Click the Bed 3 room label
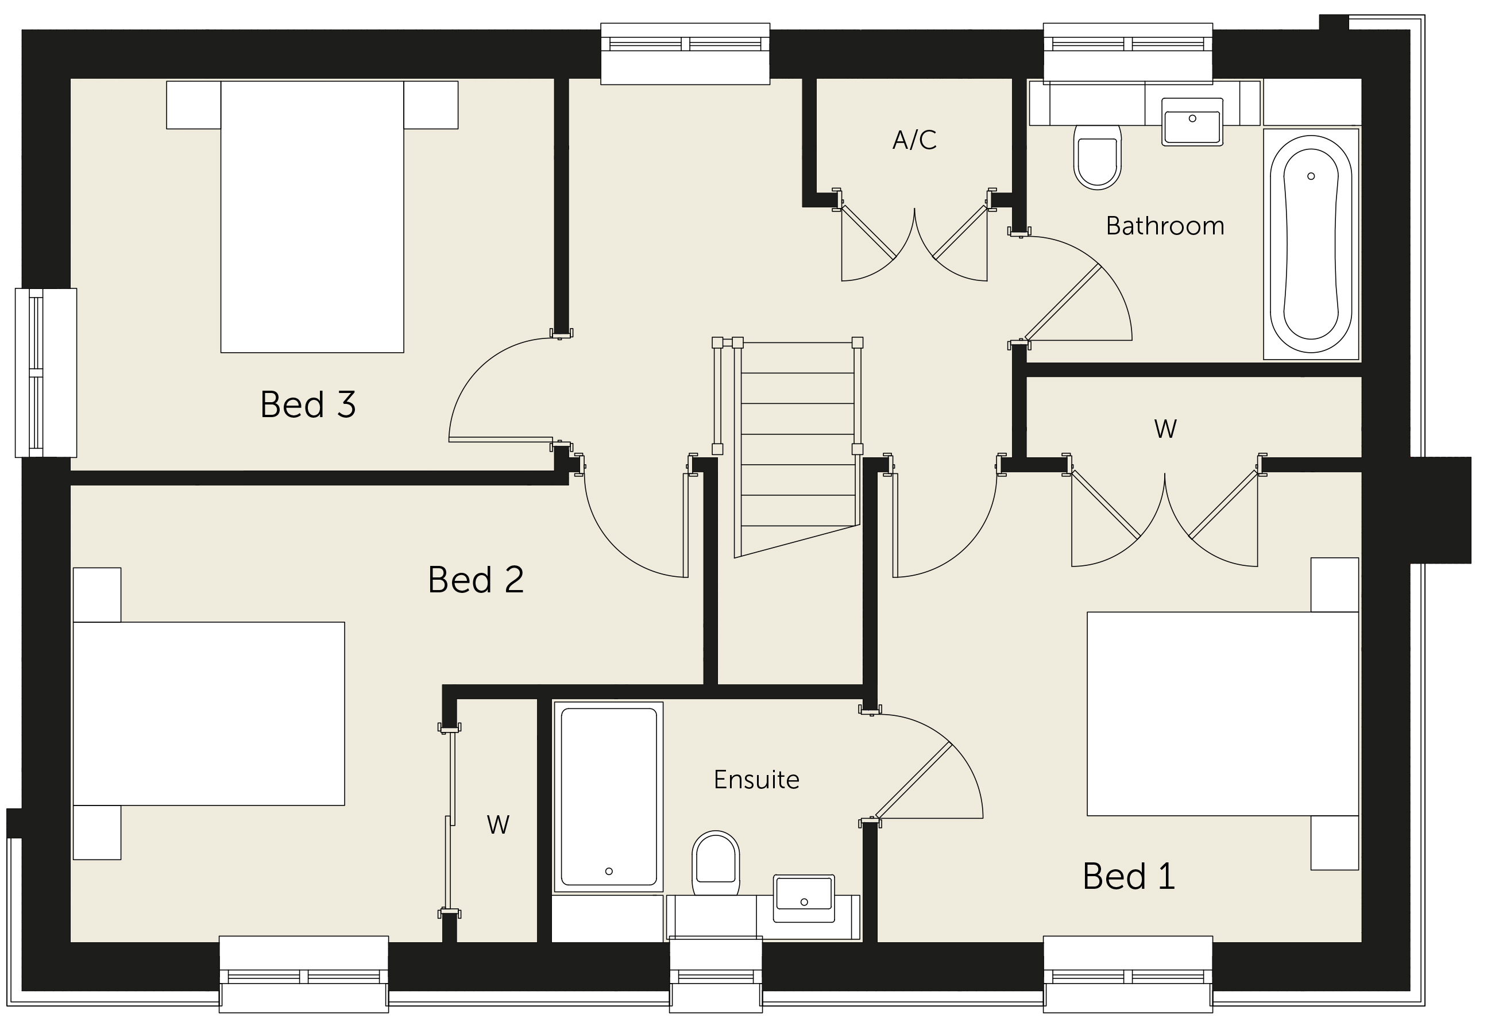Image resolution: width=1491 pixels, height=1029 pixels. pyautogui.click(x=308, y=404)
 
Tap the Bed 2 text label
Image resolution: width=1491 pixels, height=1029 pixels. pyautogui.click(x=476, y=579)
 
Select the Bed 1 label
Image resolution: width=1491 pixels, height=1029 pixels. pyautogui.click(x=1129, y=876)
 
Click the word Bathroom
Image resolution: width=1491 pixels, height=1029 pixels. pyautogui.click(x=1165, y=226)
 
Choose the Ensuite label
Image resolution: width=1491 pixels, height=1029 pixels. pyautogui.click(x=756, y=780)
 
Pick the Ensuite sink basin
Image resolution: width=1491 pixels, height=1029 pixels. pyautogui.click(x=804, y=899)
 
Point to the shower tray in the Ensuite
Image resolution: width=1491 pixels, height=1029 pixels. pyautogui.click(x=608, y=797)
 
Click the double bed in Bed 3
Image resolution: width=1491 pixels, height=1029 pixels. pyautogui.click(x=312, y=217)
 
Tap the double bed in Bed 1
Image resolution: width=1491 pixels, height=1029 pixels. pyautogui.click(x=1222, y=714)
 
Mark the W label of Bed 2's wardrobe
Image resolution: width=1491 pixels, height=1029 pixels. pyautogui.click(x=498, y=824)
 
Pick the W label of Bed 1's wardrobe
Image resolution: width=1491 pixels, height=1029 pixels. pyautogui.click(x=1165, y=429)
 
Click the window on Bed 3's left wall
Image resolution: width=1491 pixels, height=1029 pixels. pyautogui.click(x=46, y=373)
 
